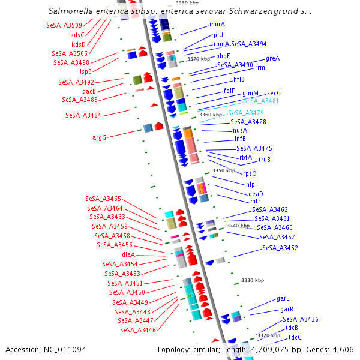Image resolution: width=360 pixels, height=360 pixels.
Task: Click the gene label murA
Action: click(217, 25)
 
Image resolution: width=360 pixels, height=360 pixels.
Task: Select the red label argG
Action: click(99, 137)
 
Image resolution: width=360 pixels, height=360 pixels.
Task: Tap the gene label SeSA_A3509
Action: click(64, 25)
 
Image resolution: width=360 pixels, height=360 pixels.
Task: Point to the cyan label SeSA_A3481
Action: click(261, 101)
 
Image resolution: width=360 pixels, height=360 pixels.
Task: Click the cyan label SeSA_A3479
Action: click(246, 113)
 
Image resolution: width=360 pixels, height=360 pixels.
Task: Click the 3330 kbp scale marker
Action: click(252, 280)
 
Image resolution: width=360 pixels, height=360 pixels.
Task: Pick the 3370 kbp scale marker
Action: click(199, 59)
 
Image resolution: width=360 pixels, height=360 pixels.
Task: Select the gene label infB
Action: click(240, 139)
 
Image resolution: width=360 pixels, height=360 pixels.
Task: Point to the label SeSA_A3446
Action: click(137, 329)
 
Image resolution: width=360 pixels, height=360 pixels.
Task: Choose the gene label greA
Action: click(273, 59)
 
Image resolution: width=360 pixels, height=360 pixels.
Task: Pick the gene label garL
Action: click(283, 298)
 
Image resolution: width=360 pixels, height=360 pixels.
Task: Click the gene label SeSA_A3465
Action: click(103, 199)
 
